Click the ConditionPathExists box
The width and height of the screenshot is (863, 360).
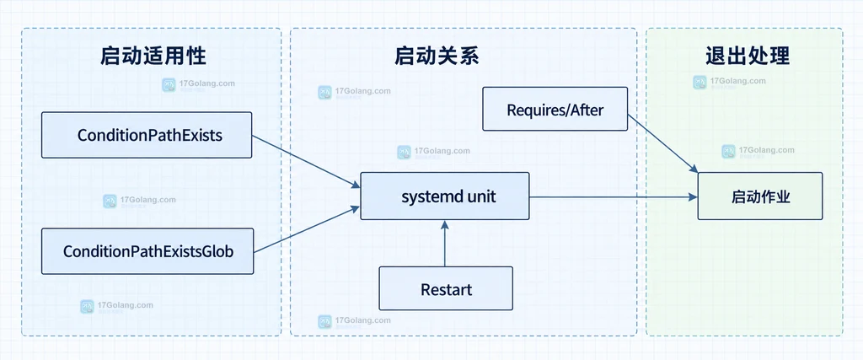[x=147, y=135]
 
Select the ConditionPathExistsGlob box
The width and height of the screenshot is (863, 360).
[x=147, y=251]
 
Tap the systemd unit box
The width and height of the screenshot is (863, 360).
[x=445, y=196]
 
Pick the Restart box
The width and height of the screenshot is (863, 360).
[x=446, y=288]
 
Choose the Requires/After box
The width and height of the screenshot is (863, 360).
[x=555, y=109]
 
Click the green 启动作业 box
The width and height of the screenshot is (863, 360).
[x=760, y=196]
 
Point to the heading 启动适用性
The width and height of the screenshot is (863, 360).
[x=153, y=56]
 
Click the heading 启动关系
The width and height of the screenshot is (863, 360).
[x=437, y=56]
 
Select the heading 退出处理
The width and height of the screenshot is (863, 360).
[x=748, y=56]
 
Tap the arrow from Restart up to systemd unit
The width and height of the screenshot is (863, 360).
[x=444, y=243]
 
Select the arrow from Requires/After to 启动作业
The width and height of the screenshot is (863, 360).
[x=662, y=143]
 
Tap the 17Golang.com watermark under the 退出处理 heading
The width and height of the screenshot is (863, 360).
[x=729, y=82]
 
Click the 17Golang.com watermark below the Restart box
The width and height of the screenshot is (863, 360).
[x=355, y=321]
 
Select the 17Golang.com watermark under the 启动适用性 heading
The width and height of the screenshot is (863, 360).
[x=199, y=85]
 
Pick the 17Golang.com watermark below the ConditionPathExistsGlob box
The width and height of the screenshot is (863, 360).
[x=116, y=307]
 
